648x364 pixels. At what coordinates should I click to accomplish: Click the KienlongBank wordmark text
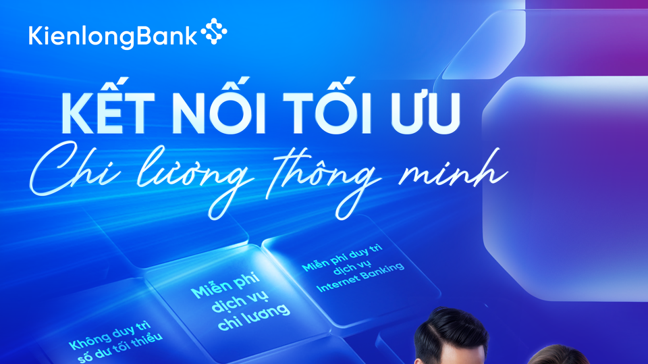pos(113,36)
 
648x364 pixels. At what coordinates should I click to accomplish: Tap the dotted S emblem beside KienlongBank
pos(214,31)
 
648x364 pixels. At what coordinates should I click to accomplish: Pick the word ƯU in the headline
pos(427,111)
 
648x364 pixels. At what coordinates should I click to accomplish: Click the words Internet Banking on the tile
pos(360,277)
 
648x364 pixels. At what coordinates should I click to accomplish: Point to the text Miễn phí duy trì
pos(343,258)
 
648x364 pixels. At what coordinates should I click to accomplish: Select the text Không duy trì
pos(110,336)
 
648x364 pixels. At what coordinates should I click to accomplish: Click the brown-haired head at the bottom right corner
pos(559,355)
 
